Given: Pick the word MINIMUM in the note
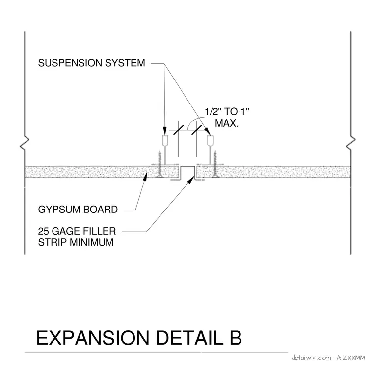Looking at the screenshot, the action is click(92, 242).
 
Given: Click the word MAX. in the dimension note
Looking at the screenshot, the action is click(227, 123).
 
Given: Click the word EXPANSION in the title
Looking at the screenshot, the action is click(93, 338).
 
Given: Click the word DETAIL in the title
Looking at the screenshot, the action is click(190, 338).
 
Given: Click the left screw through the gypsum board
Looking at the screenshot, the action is click(160, 164).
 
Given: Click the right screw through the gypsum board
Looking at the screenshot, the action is click(215, 164).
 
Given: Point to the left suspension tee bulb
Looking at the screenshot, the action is click(165, 140).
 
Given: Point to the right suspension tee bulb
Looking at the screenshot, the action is click(210, 140).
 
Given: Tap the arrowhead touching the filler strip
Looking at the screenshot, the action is click(191, 180).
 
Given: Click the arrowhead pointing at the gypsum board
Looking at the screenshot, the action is click(145, 176).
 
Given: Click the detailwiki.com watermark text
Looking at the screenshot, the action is click(311, 358).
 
